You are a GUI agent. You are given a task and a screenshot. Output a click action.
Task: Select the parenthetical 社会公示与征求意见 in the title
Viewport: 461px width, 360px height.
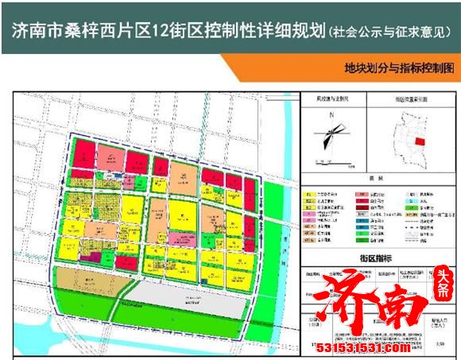384,31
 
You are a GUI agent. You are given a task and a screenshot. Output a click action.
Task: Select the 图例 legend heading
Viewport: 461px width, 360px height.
374,180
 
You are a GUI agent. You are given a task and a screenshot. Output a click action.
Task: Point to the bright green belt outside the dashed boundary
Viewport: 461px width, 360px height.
277,238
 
